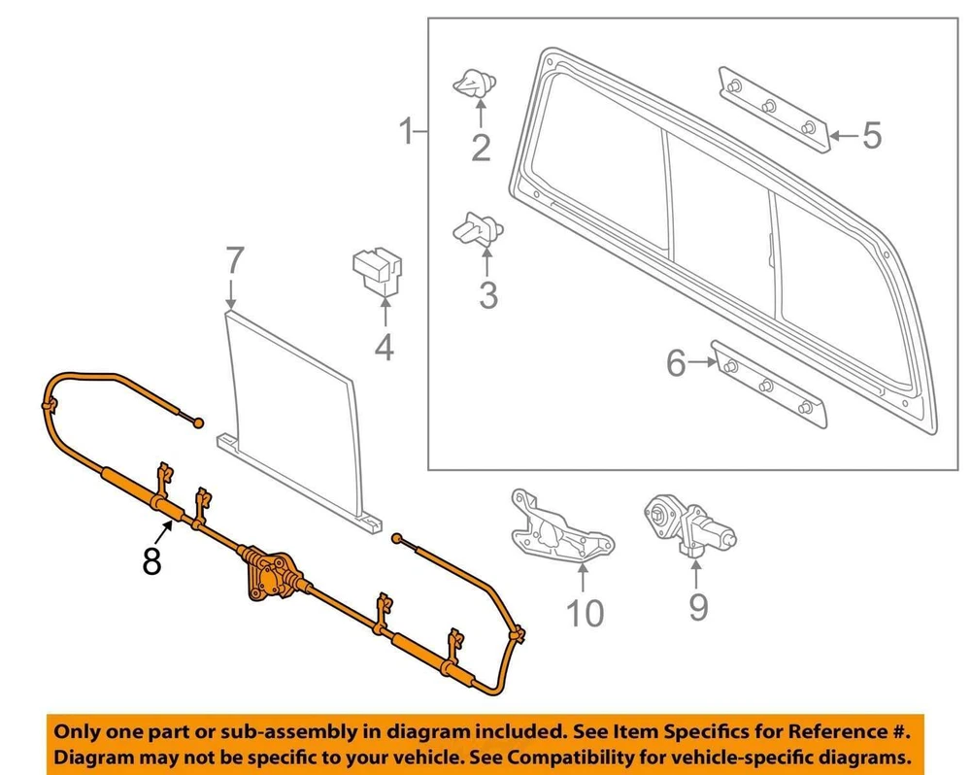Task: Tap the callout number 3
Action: click(x=487, y=293)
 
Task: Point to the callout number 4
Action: click(x=385, y=347)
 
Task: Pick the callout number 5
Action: click(x=871, y=136)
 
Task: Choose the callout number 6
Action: click(x=676, y=364)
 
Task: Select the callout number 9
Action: click(x=698, y=607)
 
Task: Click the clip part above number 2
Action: click(x=473, y=85)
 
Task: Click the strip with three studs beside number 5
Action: click(x=774, y=107)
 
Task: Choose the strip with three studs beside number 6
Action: click(x=769, y=386)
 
